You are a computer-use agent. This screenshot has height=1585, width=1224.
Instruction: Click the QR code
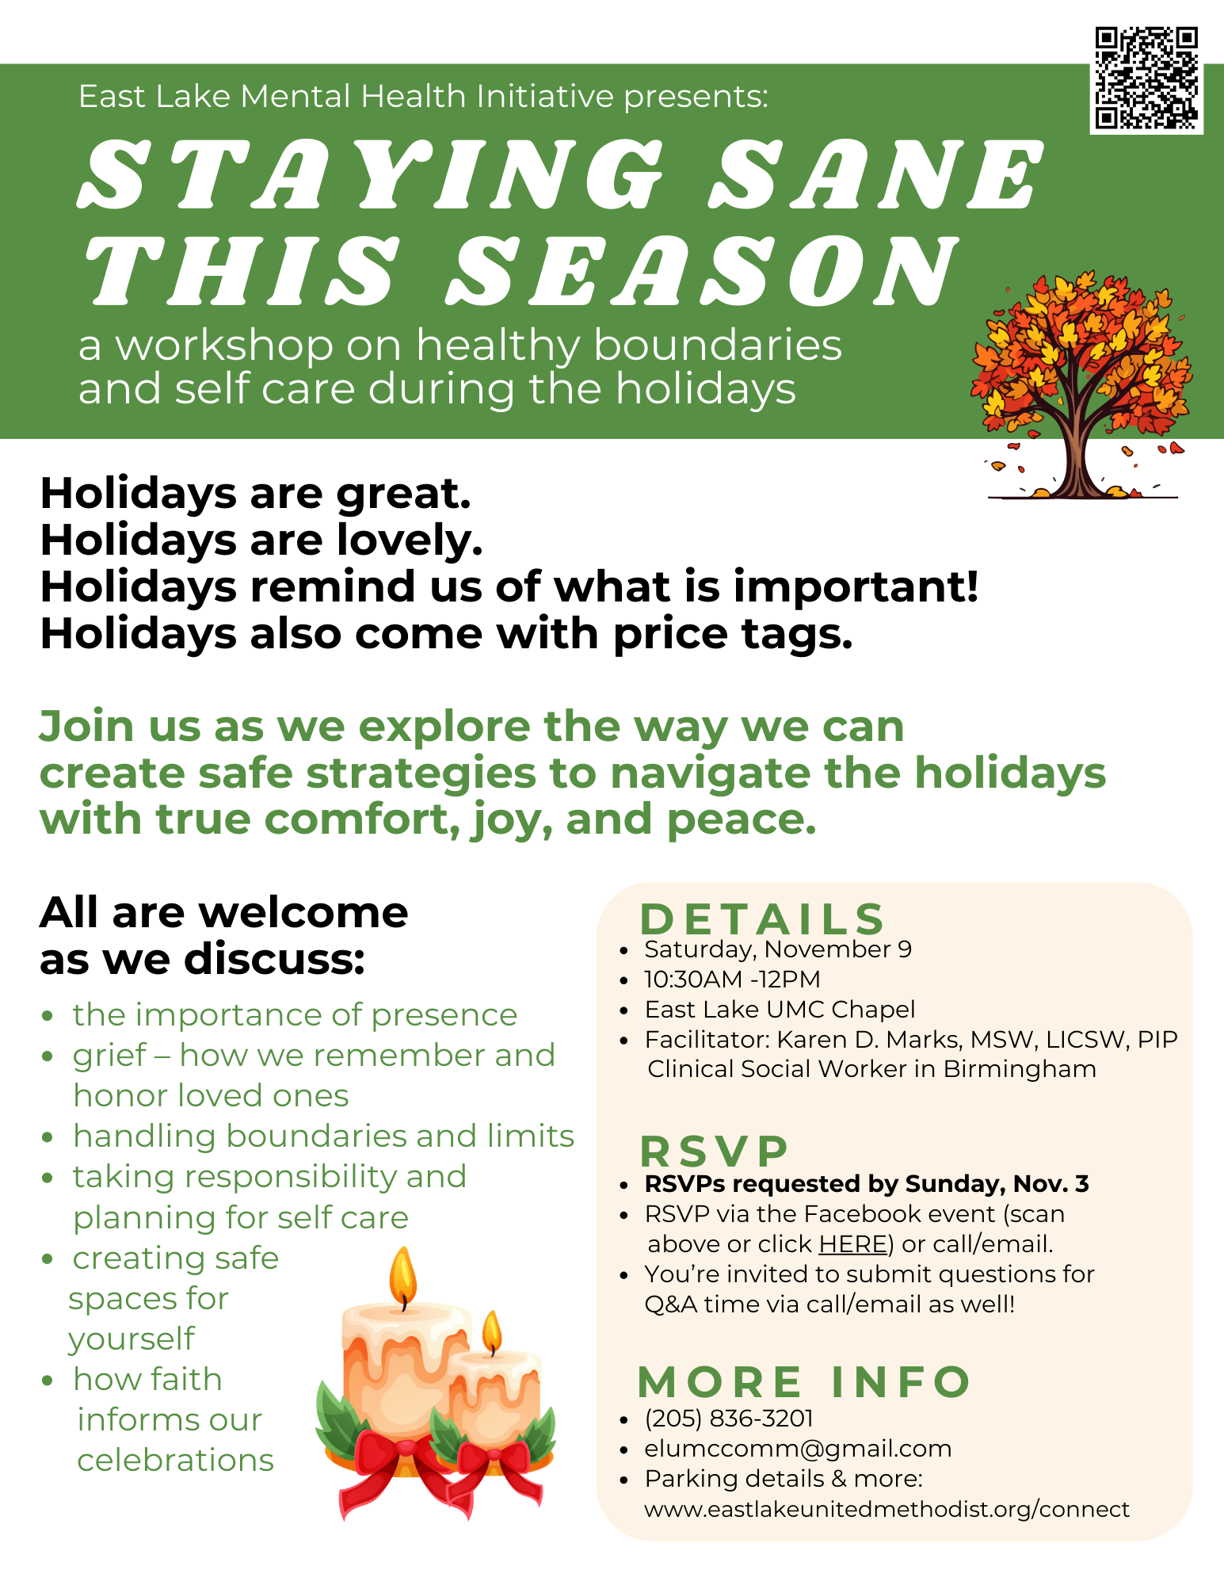1146,78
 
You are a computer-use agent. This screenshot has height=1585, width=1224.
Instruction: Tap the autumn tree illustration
1081,385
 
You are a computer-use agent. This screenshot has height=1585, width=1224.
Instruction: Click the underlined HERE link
852,1244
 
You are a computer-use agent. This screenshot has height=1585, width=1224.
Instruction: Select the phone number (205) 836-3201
729,1419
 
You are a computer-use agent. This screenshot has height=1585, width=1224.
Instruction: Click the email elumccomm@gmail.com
798,1449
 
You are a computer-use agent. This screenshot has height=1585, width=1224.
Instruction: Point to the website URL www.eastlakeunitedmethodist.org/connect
887,1509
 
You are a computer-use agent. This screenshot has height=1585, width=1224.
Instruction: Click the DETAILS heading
762,919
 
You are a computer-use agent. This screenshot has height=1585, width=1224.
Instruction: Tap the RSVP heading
715,1151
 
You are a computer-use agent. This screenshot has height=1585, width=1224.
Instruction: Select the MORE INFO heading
804,1382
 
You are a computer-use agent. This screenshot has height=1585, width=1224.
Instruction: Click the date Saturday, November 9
778,949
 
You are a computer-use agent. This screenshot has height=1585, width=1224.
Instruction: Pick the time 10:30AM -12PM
732,980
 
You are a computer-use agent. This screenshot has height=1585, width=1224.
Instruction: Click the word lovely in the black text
410,541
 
